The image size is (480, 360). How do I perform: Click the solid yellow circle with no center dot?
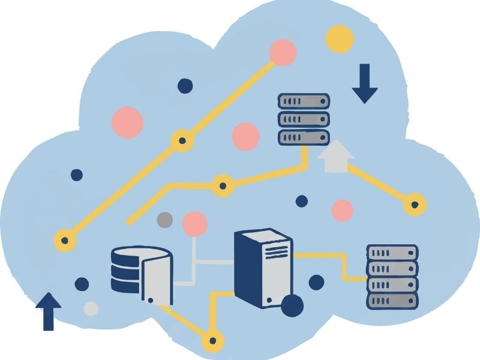point(340,39)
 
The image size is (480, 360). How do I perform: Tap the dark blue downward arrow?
point(364,84)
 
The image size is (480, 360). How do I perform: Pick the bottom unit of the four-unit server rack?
point(392,299)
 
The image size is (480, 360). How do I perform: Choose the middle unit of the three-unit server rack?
point(304,119)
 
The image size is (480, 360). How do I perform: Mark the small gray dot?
point(164,220)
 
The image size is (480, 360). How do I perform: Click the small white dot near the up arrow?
point(91,308)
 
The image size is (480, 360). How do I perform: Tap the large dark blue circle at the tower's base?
point(292,305)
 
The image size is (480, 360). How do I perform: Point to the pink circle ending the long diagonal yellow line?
point(283,52)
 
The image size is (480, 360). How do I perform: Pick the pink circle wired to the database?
point(194,224)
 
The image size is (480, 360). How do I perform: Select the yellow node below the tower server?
point(212,342)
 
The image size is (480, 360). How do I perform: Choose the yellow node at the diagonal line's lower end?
point(65,241)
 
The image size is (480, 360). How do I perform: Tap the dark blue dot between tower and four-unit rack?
point(316,282)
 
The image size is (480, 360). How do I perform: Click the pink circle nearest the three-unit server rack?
point(245,136)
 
